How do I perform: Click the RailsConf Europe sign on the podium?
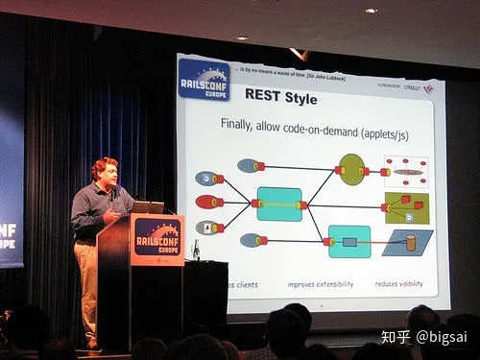[x=157, y=237]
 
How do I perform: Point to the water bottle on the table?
[x=196, y=250]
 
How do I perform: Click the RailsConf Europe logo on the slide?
[x=204, y=80]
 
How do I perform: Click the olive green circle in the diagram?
[x=351, y=169]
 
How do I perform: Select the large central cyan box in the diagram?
[x=279, y=204]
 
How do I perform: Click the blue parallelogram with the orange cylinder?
[x=407, y=242]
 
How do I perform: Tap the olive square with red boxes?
[x=406, y=207]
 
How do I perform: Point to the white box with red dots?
[x=406, y=171]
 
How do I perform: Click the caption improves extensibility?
[x=320, y=284]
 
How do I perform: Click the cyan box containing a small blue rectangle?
[x=349, y=241]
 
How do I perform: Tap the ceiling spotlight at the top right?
[x=371, y=11]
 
